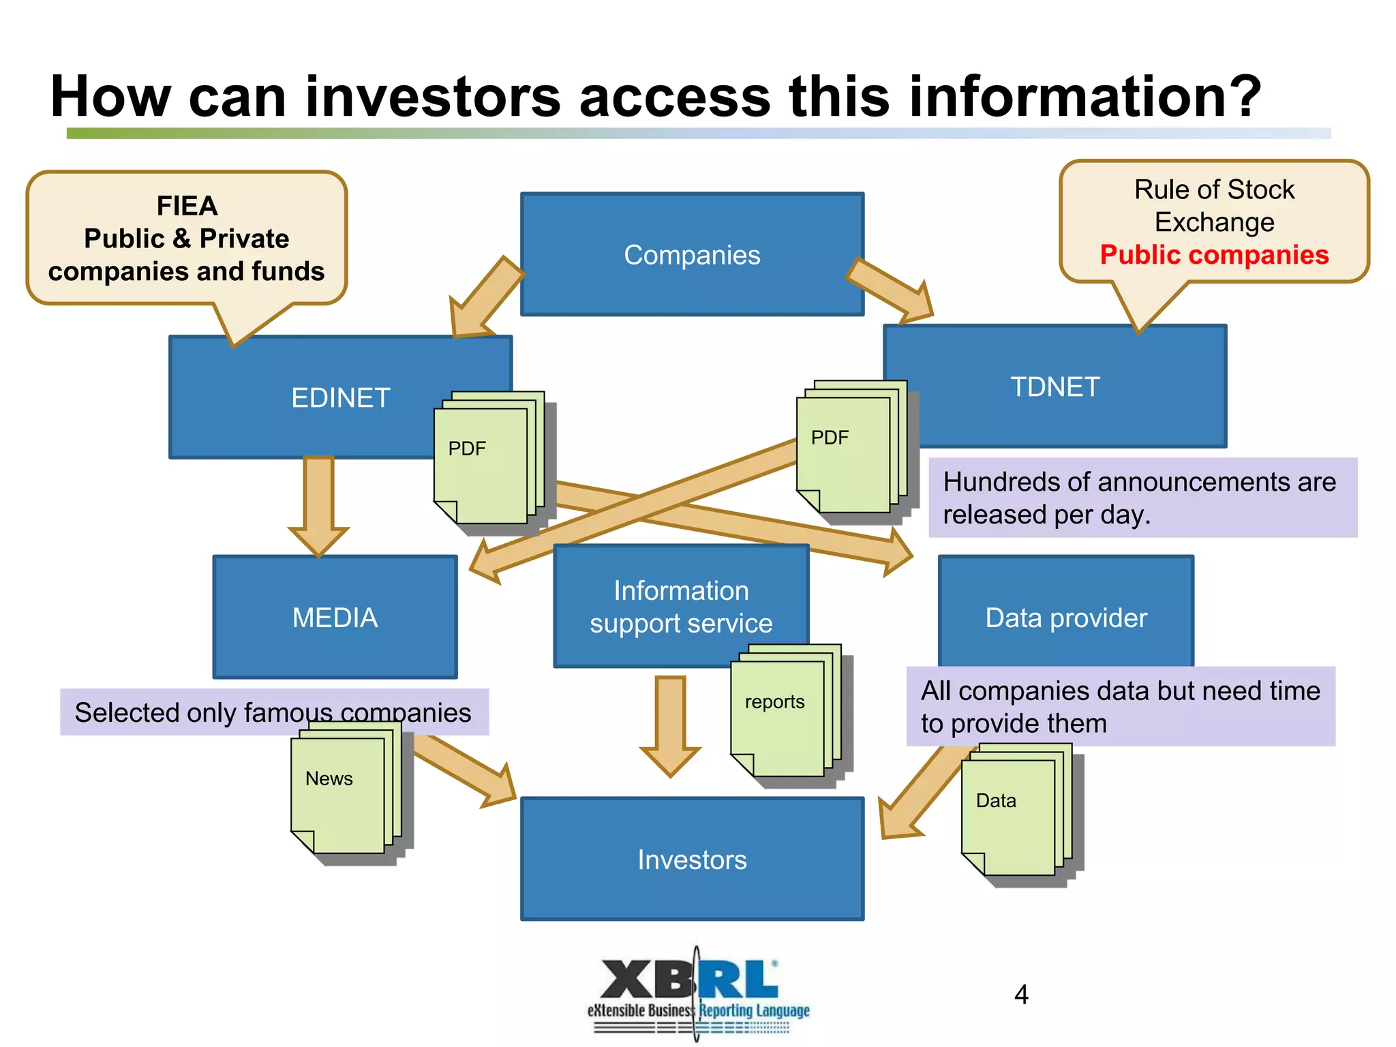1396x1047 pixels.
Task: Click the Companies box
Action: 692,254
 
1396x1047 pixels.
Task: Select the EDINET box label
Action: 340,397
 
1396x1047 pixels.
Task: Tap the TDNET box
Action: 1054,386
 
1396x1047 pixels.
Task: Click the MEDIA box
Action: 335,618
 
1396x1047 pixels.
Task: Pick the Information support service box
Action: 680,606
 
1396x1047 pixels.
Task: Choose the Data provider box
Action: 1065,618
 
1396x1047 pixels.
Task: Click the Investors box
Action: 692,860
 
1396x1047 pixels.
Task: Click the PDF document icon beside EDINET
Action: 481,467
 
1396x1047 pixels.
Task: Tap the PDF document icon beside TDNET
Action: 844,455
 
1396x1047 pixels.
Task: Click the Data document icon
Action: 1008,817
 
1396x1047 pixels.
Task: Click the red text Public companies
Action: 1214,255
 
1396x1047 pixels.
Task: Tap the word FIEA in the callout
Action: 187,206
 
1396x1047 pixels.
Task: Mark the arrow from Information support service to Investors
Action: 670,727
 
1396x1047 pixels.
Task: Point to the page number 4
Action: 1020,995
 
